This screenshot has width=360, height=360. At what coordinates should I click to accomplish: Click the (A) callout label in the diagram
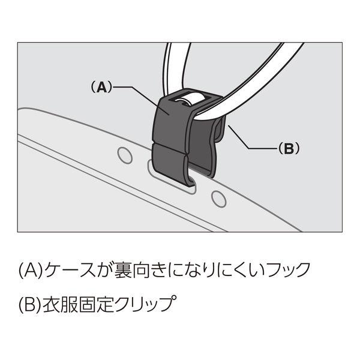(101, 87)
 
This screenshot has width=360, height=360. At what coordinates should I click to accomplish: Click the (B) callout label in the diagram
(289, 149)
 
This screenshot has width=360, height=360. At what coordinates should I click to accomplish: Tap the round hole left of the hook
(125, 155)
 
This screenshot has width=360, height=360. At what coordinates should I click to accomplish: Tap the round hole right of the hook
(218, 199)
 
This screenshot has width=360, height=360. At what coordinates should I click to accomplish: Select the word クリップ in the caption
(145, 304)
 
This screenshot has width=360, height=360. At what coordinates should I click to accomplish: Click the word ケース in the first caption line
(70, 269)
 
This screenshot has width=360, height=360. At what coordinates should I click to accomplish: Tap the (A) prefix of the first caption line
(31, 270)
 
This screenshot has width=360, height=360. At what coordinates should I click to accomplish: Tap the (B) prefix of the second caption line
(31, 305)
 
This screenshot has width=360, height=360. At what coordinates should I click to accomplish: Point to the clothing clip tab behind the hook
(221, 128)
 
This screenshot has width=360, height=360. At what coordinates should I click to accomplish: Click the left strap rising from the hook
(175, 67)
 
